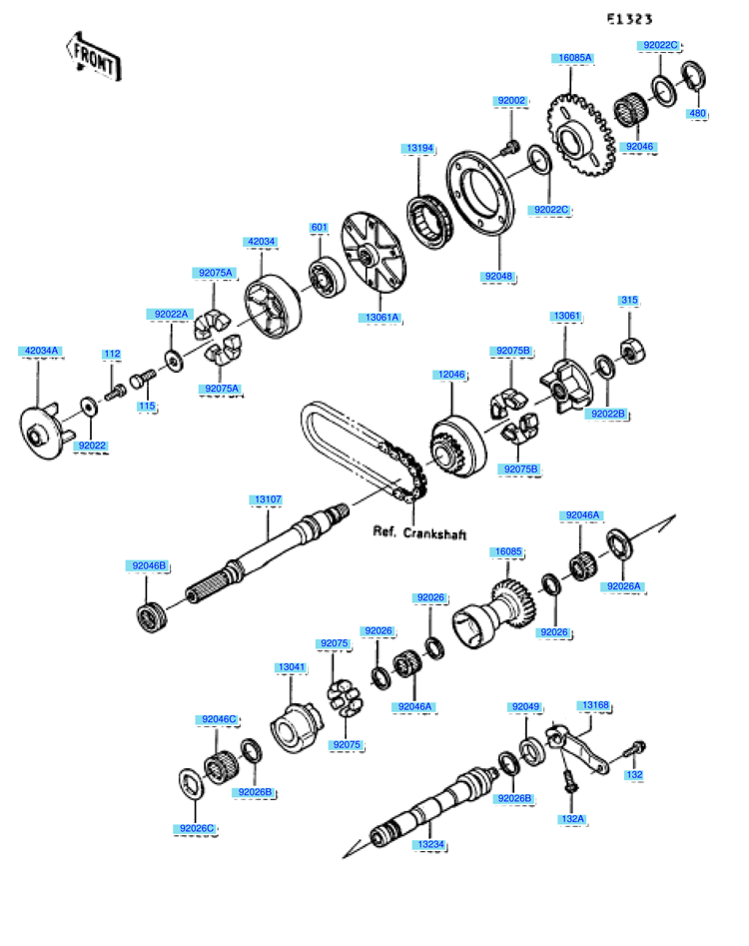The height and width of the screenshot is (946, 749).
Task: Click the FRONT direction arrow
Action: coord(93,57)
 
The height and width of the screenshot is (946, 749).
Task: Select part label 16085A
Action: coord(575,58)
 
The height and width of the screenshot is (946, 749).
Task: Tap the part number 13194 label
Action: coord(419,148)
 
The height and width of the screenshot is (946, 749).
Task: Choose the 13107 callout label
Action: coord(267,498)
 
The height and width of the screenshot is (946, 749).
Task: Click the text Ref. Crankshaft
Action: coord(419,532)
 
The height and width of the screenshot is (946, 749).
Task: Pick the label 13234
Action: coord(431,845)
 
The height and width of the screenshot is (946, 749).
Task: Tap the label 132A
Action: coord(573,818)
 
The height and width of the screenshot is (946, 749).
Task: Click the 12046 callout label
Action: coord(449,375)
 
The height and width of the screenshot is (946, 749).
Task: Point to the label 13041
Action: coord(292,665)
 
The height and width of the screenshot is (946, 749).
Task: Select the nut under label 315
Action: coord(630,349)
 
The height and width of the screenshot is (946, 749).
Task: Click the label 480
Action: coord(698,114)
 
